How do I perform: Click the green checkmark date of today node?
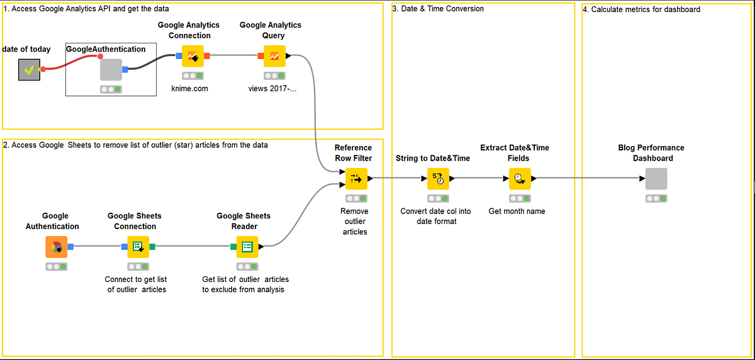[x=29, y=69]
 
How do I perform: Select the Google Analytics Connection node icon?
[x=193, y=56]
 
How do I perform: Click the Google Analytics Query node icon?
[x=274, y=56]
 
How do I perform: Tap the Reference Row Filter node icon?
[x=356, y=179]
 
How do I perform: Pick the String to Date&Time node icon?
[x=439, y=179]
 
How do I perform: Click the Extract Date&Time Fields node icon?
[x=520, y=179]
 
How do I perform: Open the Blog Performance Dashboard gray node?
[x=656, y=179]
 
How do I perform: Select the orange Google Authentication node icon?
[x=56, y=247]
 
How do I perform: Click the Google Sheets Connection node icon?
[x=138, y=247]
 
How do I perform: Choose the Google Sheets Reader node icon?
[x=247, y=247]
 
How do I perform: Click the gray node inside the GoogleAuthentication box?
[x=111, y=69]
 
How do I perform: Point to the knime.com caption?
[x=189, y=89]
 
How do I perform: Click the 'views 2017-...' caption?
[x=272, y=89]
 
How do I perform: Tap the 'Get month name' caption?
[x=517, y=211]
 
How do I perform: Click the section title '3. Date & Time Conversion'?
[x=438, y=9]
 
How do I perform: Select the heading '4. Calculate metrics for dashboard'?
[x=641, y=9]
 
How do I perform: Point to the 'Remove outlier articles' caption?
[x=355, y=222]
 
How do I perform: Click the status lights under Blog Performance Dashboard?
[x=656, y=199]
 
